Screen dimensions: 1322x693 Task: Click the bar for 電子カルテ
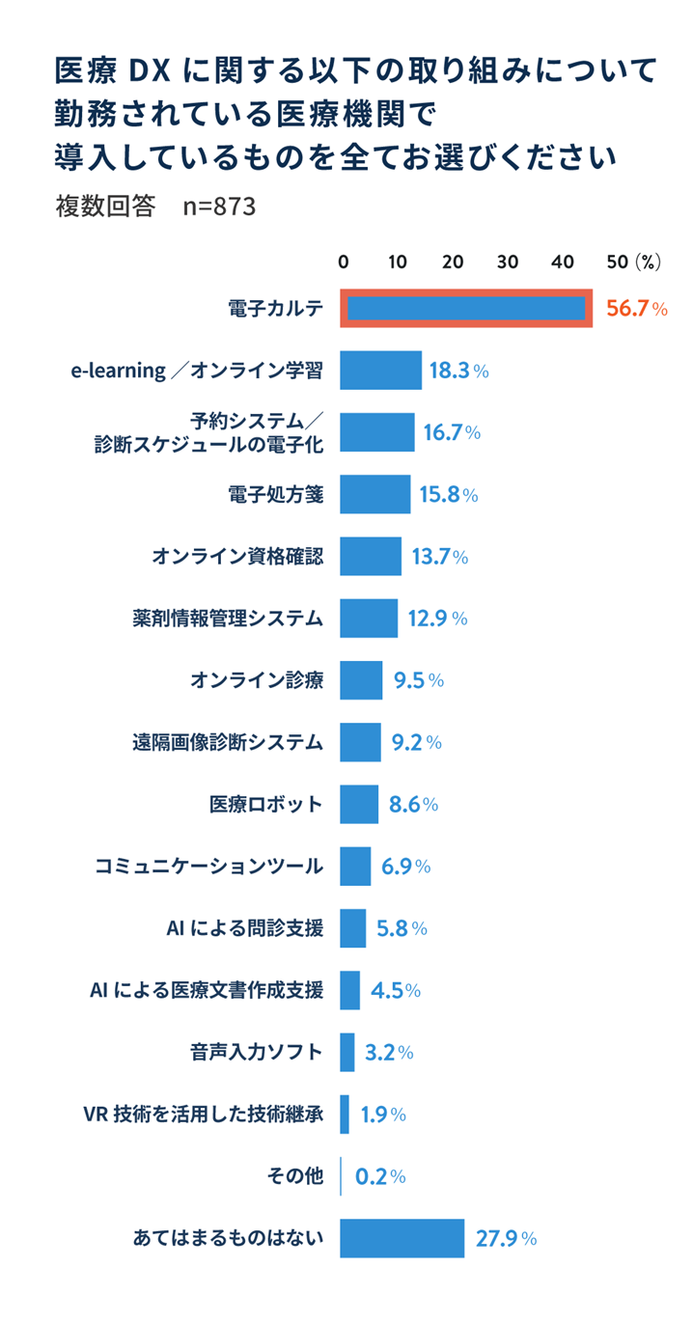point(465,309)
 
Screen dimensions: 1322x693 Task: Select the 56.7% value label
point(636,309)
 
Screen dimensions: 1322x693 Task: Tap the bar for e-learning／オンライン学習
point(380,371)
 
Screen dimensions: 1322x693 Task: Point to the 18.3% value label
point(457,371)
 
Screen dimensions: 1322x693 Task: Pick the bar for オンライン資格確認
point(371,557)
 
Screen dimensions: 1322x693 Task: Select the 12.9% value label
point(437,619)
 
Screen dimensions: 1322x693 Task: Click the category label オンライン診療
point(257,680)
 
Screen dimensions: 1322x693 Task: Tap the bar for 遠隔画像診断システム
point(360,742)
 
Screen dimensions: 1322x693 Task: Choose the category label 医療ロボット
point(266,804)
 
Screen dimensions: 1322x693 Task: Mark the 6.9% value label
point(405,867)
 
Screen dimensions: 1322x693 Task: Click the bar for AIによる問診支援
point(353,928)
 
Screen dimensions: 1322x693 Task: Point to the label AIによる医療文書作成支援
point(207,990)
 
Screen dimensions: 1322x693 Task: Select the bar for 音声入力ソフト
point(347,1052)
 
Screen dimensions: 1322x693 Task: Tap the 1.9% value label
point(382,1115)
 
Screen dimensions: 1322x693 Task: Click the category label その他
point(294,1176)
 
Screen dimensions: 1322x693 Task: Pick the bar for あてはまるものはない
point(402,1238)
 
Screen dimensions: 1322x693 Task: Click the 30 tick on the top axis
point(508,262)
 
